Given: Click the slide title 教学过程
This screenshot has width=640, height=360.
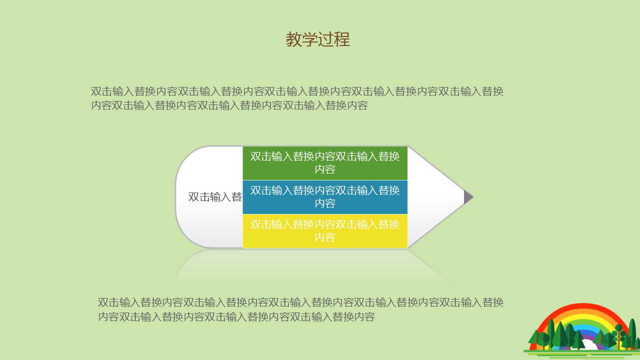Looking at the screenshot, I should coord(318,39).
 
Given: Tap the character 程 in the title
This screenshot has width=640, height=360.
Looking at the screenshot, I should coord(342,39).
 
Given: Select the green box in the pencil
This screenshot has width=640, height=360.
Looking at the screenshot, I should coord(325,163).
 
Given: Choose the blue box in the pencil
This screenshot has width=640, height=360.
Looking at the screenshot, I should coord(325,197).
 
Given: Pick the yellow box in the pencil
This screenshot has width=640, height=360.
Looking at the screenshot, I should coord(325,231).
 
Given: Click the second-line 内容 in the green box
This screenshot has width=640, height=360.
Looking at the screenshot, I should coord(325,169).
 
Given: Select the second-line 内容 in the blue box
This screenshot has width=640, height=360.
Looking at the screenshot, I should coord(325,203).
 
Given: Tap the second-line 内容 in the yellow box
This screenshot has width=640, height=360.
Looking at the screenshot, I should coord(325,237).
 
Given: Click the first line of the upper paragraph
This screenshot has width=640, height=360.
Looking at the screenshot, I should coord(297,91).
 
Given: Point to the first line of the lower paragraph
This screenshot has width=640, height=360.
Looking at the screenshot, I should coord(300,302).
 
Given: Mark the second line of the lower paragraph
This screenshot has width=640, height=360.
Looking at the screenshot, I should coord(236,316).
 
